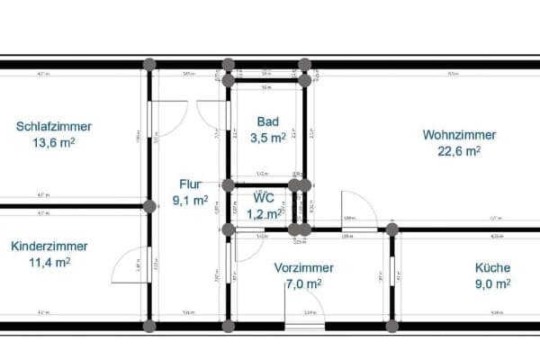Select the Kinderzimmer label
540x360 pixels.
(x=49, y=247)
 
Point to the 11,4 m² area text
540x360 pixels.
(x=49, y=263)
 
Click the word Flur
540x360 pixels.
(x=191, y=184)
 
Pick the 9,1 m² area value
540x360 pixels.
(x=191, y=200)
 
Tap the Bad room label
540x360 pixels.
(x=267, y=121)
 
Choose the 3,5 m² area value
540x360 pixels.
(x=267, y=138)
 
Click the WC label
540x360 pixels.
(x=262, y=197)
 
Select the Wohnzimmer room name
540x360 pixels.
(x=459, y=135)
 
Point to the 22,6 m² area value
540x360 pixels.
(x=459, y=151)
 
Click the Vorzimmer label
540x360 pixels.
(x=304, y=268)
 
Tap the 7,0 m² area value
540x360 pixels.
(x=304, y=284)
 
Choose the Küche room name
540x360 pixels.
(x=492, y=267)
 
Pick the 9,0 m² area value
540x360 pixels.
(x=492, y=283)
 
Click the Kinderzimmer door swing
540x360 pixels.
(x=129, y=265)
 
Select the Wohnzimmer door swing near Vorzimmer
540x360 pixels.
(x=353, y=210)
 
